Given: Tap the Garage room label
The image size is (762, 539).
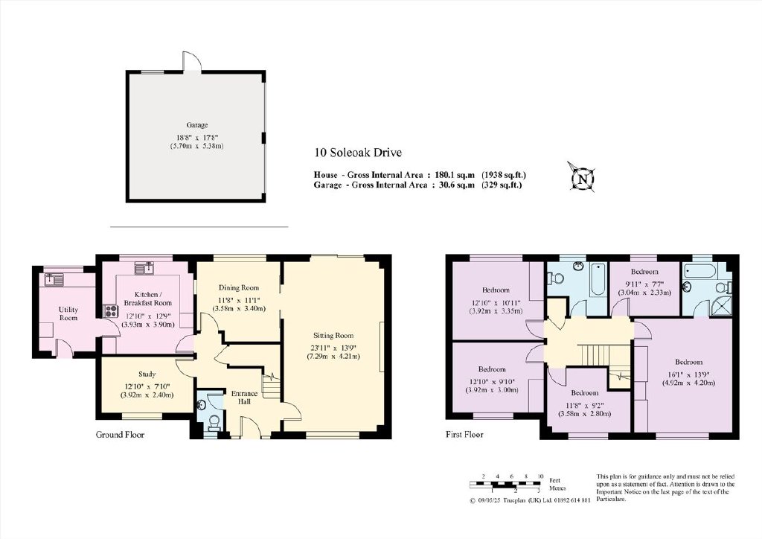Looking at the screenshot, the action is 196,125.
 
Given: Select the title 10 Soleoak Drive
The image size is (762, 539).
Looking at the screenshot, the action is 358,153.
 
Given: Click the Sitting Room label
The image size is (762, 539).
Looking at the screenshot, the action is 333,335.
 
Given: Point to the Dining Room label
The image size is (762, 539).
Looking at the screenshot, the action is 239,287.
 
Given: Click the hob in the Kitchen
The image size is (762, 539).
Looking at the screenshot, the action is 110,310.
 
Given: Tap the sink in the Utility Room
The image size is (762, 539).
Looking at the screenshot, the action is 54,279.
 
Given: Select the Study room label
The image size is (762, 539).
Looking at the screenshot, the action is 147,374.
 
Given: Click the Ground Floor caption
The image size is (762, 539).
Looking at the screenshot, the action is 120,435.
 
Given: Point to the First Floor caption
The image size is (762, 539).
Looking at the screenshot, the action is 464,435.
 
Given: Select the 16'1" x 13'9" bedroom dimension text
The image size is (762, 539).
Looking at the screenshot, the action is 688,374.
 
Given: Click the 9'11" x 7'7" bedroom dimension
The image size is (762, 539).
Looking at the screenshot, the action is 644,284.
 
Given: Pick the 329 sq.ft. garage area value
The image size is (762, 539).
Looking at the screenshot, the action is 502,185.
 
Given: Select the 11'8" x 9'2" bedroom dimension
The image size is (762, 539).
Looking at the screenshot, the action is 585,405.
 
